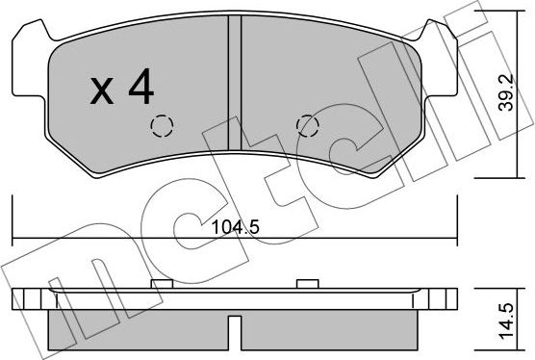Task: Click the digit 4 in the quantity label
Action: pos(140,89)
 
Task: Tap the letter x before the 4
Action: pos(102,92)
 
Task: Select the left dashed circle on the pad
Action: pos(161,127)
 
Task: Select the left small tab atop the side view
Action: pos(161,283)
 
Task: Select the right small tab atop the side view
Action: pos(307,283)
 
